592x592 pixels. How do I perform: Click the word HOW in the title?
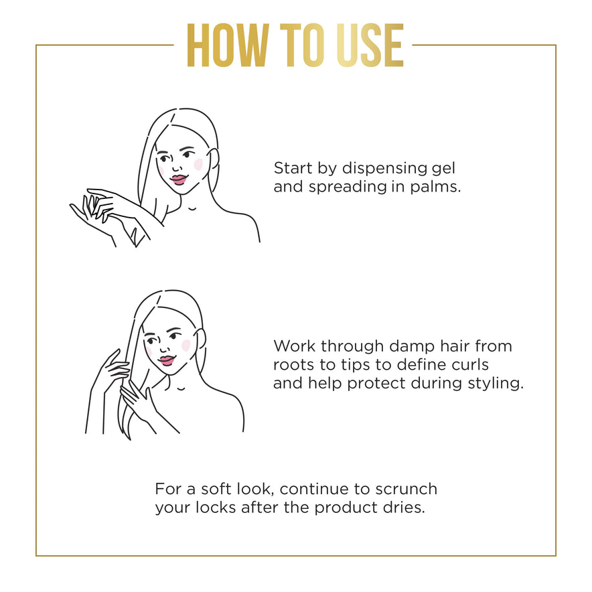click(228, 46)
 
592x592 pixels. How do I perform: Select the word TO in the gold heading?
click(302, 46)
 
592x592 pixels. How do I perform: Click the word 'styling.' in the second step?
click(496, 383)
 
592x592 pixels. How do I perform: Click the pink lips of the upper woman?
click(178, 179)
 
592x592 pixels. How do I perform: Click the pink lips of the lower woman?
click(167, 360)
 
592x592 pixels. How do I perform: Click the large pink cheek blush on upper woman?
click(198, 164)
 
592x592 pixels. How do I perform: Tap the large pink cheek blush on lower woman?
click(186, 345)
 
